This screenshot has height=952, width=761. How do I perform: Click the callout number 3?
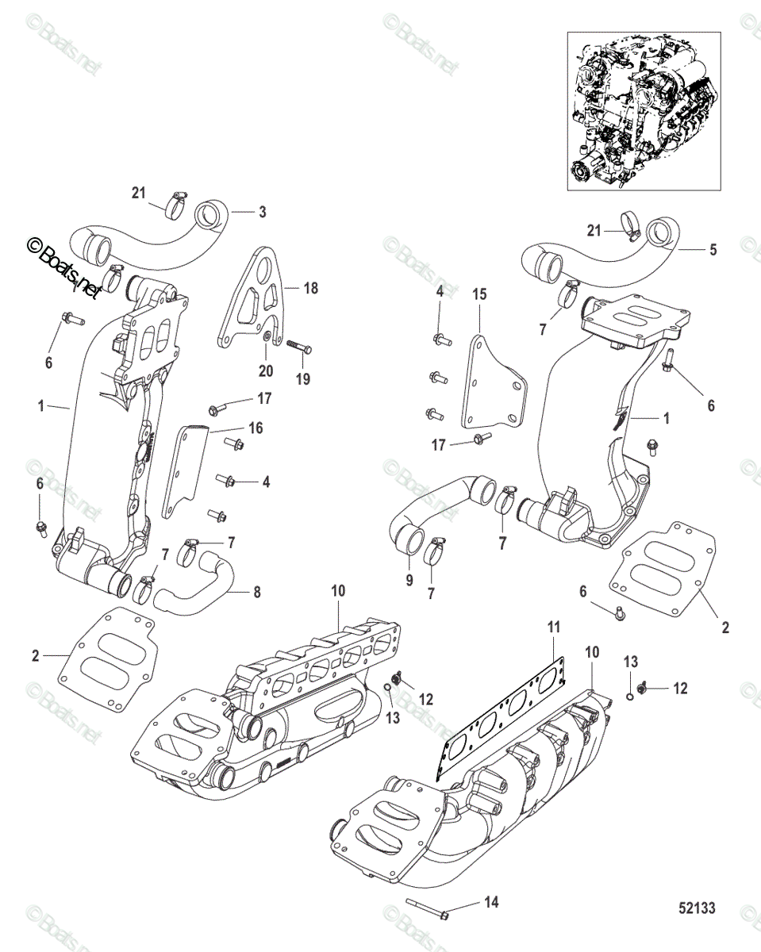(263, 212)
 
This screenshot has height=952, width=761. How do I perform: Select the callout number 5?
(713, 249)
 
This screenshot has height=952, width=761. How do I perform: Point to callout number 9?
(409, 581)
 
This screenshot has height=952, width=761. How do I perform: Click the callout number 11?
(553, 628)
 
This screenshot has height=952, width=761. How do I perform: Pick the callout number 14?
(491, 902)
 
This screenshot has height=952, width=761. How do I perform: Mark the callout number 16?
(256, 428)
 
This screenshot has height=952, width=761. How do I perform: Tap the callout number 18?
(310, 289)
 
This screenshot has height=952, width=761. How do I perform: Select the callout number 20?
(265, 370)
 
